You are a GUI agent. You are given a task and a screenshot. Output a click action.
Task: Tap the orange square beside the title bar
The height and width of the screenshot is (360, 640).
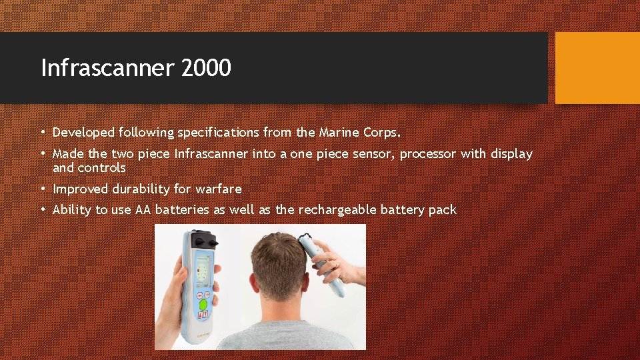[597, 68]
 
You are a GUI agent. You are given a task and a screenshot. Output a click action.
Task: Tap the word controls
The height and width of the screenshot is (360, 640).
[101, 167]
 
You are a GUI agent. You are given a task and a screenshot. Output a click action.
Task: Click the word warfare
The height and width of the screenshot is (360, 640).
[219, 189]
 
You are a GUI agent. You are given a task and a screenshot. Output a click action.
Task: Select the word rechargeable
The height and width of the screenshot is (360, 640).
[337, 210]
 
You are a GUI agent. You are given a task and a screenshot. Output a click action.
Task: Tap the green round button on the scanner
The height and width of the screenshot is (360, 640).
[203, 305]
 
